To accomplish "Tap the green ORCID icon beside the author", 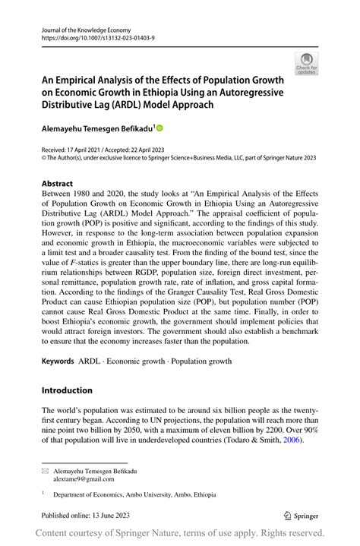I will (x=159, y=129).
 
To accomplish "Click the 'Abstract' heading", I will (x=58, y=184).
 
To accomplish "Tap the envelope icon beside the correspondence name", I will (x=45, y=471).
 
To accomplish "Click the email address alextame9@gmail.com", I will (x=84, y=479).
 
